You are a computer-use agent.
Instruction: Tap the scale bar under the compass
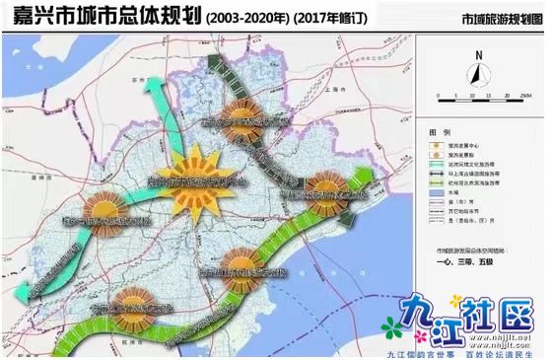[x=478, y=96]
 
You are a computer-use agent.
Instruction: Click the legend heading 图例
[x=440, y=131]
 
